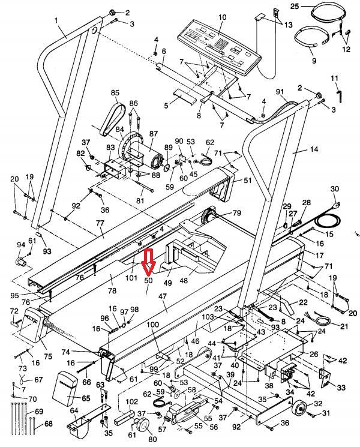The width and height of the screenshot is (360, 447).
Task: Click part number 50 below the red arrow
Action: click(148, 280)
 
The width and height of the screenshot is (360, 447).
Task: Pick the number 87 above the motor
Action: click(154, 134)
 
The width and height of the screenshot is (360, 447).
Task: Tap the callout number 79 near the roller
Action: click(236, 213)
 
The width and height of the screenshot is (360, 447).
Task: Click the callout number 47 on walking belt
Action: click(161, 296)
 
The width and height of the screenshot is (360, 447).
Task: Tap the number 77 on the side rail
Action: click(99, 223)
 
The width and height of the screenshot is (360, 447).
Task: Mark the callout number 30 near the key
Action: click(335, 189)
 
